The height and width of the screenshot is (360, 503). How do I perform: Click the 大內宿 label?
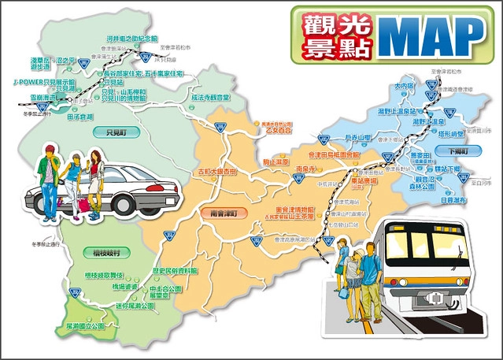click(x=404, y=86)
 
